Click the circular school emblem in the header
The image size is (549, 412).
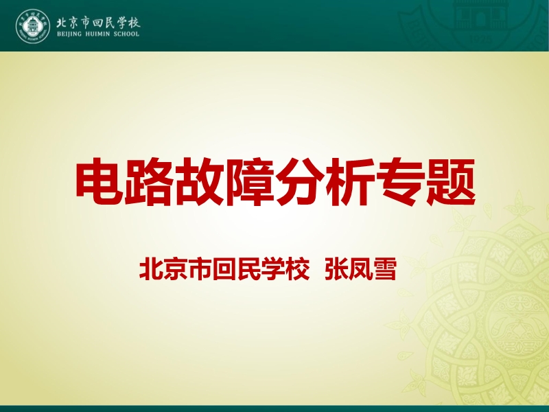(x=33, y=26)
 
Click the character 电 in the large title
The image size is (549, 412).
(x=100, y=181)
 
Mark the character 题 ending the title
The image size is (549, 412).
(x=451, y=181)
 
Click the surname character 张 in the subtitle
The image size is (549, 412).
(x=336, y=269)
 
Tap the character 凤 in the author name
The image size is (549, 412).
(x=361, y=269)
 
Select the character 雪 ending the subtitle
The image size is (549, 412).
(x=385, y=269)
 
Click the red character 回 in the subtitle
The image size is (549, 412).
(x=224, y=269)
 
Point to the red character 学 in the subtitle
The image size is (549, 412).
(x=273, y=269)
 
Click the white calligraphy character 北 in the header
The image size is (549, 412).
(x=62, y=23)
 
